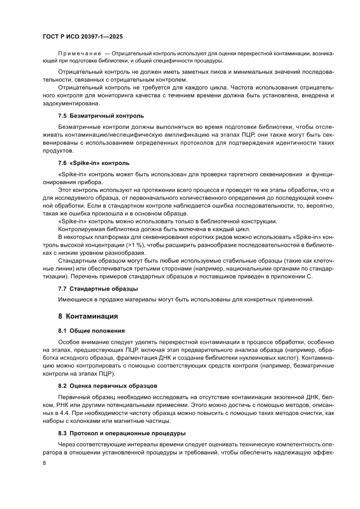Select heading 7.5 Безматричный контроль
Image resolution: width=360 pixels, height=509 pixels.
click(101, 116)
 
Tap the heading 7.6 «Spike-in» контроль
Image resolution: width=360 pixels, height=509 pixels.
click(94, 163)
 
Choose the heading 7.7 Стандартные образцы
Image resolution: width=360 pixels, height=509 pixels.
click(98, 288)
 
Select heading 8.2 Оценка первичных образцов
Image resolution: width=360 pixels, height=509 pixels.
click(108, 385)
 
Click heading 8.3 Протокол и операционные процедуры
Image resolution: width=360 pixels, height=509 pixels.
click(122, 433)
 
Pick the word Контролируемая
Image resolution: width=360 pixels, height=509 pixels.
click(81, 229)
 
